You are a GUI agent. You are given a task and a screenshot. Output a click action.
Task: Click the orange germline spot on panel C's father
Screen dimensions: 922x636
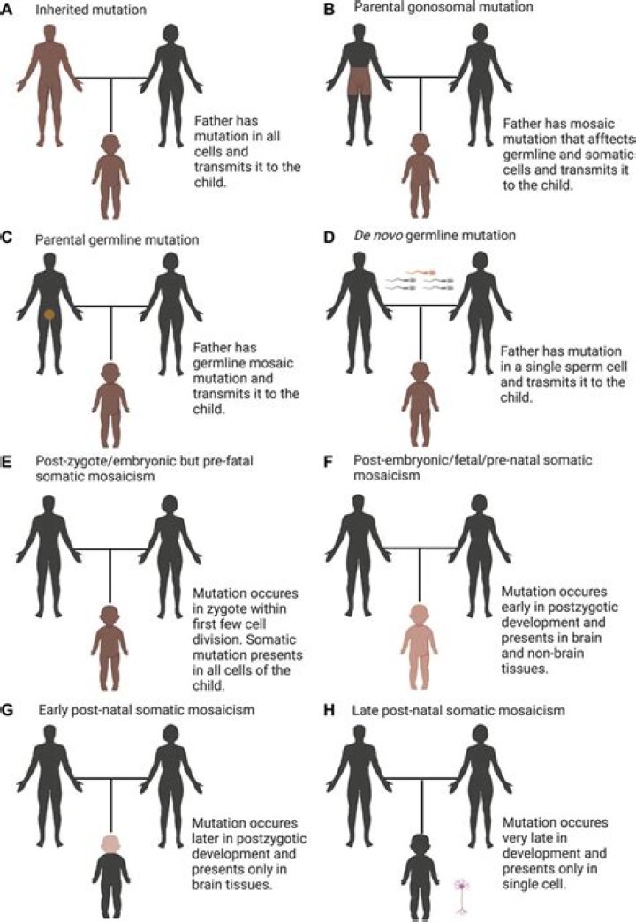[x=50, y=314]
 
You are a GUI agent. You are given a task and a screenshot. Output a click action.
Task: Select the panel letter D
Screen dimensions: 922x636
[x=327, y=236]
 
